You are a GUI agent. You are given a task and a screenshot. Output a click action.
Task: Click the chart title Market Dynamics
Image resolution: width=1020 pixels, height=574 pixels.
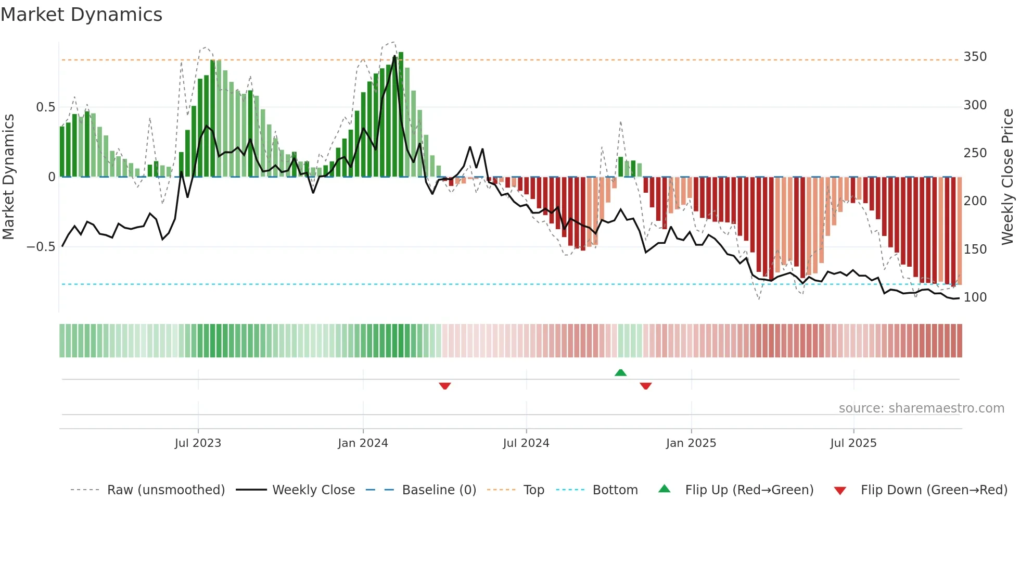(x=82, y=15)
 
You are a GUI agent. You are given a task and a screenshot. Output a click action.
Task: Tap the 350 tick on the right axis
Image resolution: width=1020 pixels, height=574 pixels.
(x=975, y=57)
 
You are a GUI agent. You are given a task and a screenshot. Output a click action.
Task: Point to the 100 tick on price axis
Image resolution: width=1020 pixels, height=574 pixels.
(x=975, y=297)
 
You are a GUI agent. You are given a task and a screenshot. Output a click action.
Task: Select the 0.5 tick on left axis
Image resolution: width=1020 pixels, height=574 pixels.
(x=45, y=107)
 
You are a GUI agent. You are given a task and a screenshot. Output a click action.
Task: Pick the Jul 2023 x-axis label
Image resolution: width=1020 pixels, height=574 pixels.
(x=198, y=443)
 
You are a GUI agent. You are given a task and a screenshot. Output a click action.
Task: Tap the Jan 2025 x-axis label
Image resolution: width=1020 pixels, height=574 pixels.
(x=691, y=443)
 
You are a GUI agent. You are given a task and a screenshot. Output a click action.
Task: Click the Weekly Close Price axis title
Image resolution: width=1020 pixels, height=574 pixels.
(x=1008, y=177)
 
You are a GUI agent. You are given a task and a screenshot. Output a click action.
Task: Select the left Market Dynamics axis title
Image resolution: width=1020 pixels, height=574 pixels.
(x=9, y=177)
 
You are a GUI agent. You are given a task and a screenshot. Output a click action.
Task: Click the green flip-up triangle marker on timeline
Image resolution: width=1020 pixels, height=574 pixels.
(x=620, y=373)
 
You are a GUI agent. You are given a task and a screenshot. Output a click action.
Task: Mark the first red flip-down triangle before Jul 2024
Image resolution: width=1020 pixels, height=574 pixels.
(x=444, y=386)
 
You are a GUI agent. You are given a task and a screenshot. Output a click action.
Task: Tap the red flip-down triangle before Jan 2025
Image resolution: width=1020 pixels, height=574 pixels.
(x=645, y=386)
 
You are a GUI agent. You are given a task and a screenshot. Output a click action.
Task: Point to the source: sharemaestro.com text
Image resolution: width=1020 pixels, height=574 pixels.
(x=921, y=408)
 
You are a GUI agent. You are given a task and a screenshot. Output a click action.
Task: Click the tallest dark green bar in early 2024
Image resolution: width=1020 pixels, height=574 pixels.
(x=401, y=115)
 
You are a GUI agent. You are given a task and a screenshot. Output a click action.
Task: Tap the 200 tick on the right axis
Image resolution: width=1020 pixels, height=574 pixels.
(x=975, y=201)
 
